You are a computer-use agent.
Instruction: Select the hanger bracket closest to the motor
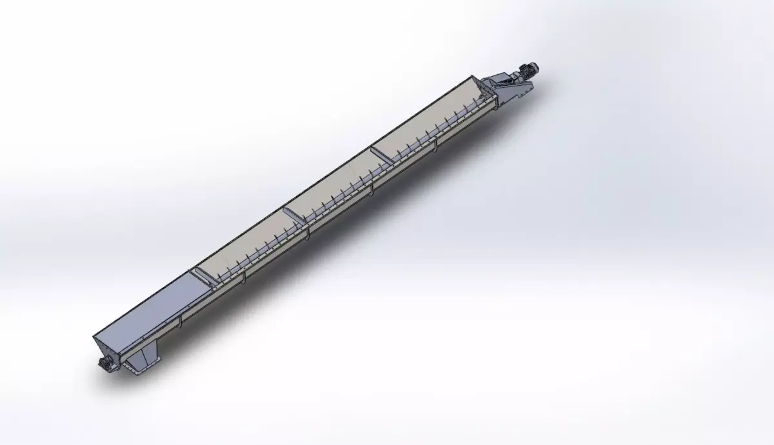(x=436, y=149)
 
